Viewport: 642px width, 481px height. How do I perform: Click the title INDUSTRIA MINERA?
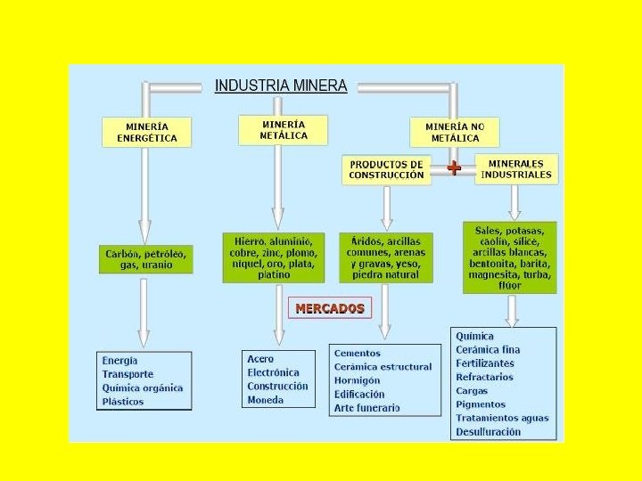281,86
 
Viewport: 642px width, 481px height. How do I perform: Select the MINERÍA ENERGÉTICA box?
147,132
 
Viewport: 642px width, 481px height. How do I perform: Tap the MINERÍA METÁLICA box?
284,130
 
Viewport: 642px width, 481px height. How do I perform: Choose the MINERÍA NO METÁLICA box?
455,132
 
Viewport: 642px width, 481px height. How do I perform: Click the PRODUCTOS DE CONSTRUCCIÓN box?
386,170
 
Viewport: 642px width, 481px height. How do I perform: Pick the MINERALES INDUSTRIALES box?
516,168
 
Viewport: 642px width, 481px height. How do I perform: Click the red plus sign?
454,167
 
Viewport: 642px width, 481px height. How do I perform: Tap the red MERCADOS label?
330,308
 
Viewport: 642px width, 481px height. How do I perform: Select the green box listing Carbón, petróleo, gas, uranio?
145,259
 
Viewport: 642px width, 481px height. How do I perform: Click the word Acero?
260,359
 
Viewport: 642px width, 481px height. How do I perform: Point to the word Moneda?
266,400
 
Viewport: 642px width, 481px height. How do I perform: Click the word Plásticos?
123,402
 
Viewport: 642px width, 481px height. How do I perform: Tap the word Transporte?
128,374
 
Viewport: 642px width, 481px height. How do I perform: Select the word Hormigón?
357,380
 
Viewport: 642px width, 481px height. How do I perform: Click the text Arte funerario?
366,408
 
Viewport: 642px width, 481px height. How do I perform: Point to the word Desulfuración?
488,432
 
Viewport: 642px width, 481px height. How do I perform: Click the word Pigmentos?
481,404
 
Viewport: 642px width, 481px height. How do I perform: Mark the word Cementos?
357,353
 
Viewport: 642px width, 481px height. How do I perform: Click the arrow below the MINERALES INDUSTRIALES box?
514,204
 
